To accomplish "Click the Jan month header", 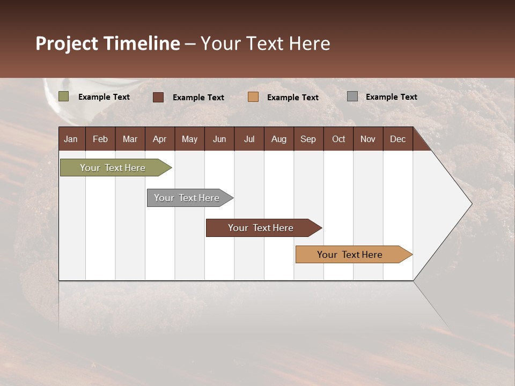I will point(71,139).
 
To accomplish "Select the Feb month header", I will point(100,139).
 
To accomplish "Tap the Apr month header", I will point(159,139).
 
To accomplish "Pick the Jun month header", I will point(219,139).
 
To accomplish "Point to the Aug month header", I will point(279,139).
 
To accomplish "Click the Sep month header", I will point(308,139).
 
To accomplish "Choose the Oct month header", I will point(339,139).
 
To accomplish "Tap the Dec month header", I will point(398,139).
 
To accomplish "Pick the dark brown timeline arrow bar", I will point(261,228).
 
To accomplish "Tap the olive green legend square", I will point(64,96).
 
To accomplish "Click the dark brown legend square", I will point(158,97).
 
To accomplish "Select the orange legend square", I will point(253,97).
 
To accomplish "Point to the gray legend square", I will point(352,96).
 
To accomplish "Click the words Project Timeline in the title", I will point(107,43).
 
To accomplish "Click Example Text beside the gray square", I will point(392,97).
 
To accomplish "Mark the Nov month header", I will point(368,139).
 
